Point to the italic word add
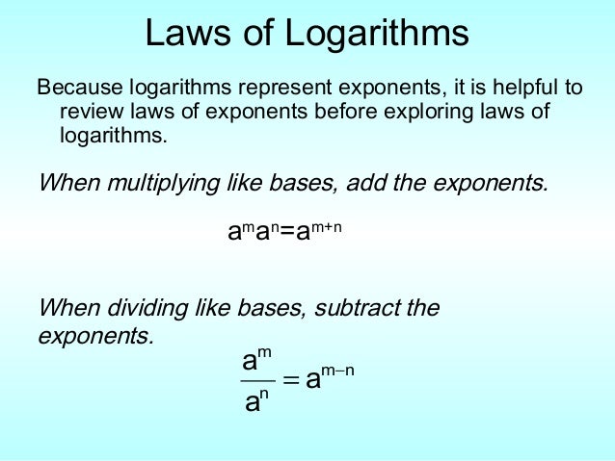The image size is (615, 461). [377, 183]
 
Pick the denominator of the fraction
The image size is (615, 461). [254, 401]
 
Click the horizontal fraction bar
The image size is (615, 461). [255, 381]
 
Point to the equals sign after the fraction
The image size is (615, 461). [288, 381]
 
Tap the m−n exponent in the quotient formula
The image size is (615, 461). [336, 370]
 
